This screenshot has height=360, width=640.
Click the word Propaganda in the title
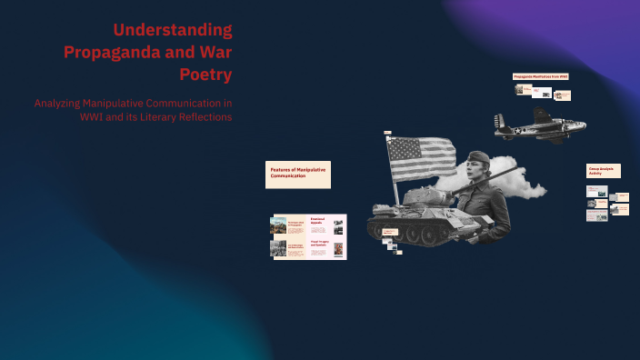click(x=108, y=52)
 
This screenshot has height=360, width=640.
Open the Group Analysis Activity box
click(x=603, y=170)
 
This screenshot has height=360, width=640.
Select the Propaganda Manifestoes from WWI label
click(x=541, y=76)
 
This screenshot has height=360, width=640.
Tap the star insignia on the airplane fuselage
click(x=520, y=129)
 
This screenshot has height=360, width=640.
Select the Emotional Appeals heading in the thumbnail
click(x=323, y=220)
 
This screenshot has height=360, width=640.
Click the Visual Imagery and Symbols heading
click(x=324, y=244)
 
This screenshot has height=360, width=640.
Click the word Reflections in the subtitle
click(x=205, y=117)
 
